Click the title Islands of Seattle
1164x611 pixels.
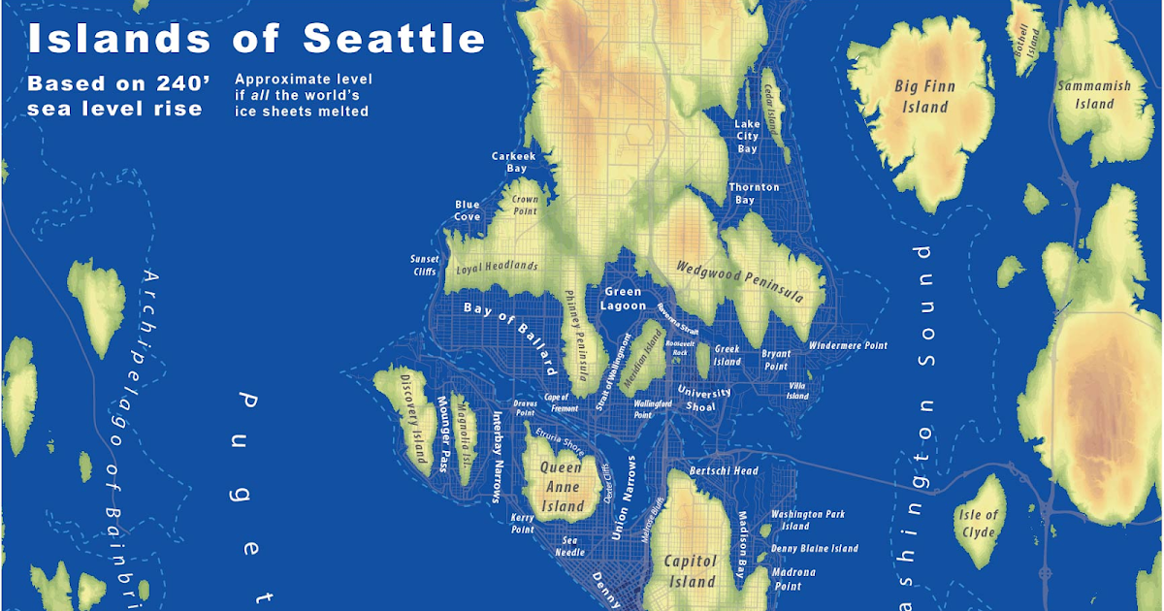[x=256, y=39]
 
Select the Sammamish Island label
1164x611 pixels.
[x=1094, y=94]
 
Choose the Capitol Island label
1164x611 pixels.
[x=690, y=571]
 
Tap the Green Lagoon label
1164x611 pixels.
[x=623, y=298]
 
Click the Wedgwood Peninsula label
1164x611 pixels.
[x=739, y=281]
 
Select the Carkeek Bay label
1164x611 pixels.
[x=513, y=162]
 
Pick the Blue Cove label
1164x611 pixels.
[x=467, y=210]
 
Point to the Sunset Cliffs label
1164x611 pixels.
[x=424, y=266]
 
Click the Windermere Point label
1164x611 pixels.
[x=847, y=345]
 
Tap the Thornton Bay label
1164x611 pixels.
[x=754, y=193]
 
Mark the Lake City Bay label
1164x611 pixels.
[x=747, y=137]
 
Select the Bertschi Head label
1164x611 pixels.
[x=723, y=471]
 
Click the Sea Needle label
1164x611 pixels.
[x=569, y=546]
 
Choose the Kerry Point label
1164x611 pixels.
[x=522, y=524]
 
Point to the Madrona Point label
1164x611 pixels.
[x=793, y=579]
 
